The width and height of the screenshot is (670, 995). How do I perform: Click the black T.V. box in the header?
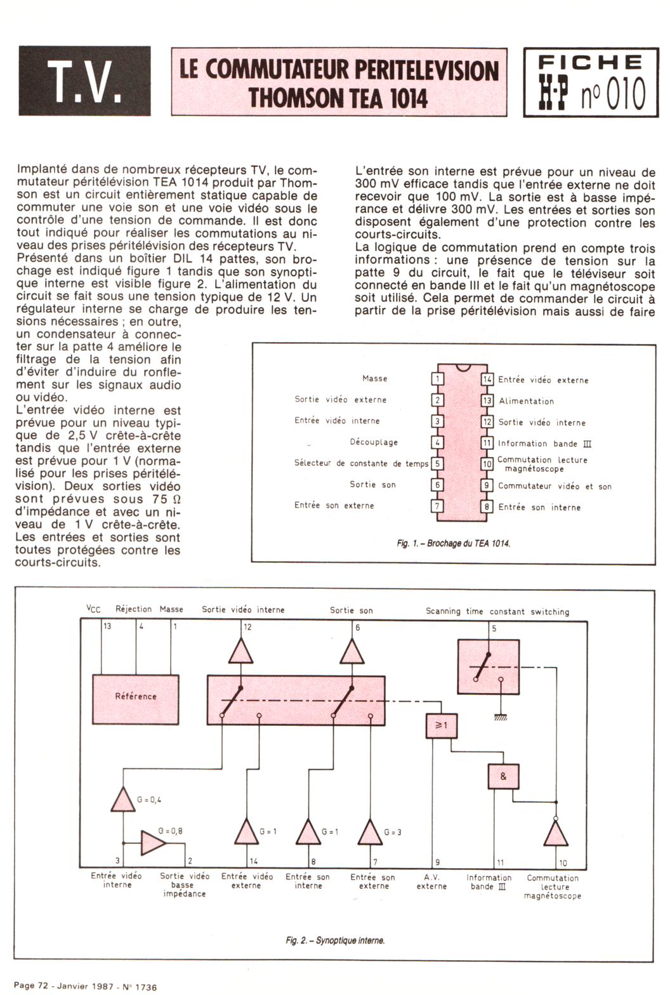point(85,81)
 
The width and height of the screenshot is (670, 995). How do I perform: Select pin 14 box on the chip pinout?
point(487,379)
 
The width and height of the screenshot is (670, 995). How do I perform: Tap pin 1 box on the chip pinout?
point(437,379)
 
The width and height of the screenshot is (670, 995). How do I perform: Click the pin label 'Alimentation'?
point(526,401)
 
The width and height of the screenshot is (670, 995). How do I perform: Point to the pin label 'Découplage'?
point(374,442)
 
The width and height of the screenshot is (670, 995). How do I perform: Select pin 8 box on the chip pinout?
point(487,507)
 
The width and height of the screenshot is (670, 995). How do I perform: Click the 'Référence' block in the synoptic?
point(135,696)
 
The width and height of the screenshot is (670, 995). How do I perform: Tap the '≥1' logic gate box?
point(440,726)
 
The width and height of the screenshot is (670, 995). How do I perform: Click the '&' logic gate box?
point(503,776)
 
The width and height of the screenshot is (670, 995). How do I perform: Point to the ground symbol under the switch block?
point(501,716)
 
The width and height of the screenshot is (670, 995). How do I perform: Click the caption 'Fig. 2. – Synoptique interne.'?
point(335,940)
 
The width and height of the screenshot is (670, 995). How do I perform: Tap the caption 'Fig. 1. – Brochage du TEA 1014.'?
point(453,543)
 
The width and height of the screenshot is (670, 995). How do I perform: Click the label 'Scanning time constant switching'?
point(497,612)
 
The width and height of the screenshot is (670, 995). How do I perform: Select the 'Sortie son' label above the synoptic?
point(351,610)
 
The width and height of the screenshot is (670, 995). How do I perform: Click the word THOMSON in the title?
point(296,98)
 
